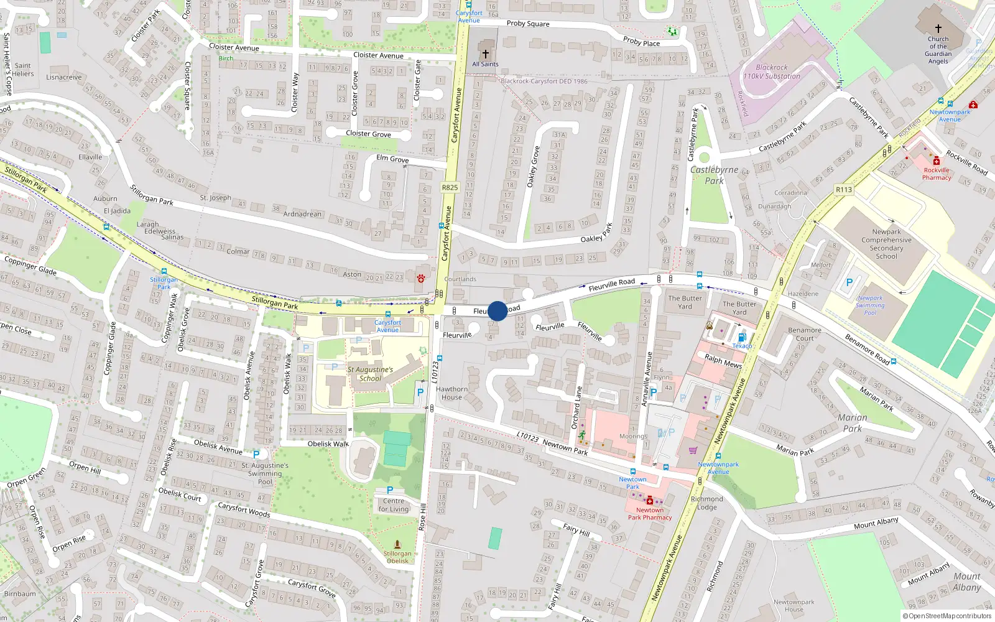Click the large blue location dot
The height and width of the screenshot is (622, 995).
[497, 311]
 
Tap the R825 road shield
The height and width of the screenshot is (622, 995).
[450, 187]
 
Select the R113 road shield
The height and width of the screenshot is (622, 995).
[844, 190]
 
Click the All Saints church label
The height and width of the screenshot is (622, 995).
[485, 64]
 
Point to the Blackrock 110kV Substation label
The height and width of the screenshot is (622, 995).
[772, 72]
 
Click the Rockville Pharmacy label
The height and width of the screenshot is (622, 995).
[937, 174]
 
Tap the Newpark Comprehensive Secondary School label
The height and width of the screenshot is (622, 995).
[886, 244]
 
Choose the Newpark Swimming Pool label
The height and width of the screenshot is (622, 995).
[869, 305]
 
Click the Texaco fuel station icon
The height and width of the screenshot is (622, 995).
[741, 338]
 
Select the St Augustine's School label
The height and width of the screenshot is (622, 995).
[370, 374]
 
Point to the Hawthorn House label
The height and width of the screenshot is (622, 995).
[452, 393]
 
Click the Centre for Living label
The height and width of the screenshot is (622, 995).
[394, 505]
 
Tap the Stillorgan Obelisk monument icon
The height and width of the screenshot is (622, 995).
[397, 544]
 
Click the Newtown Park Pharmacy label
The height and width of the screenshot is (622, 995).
[650, 514]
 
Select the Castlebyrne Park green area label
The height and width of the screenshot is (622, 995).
[714, 175]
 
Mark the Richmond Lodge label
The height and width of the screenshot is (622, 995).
[707, 503]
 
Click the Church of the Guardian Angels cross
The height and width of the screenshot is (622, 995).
[938, 29]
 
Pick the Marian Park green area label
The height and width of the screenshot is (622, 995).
[852, 423]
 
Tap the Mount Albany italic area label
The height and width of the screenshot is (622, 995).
[966, 582]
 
